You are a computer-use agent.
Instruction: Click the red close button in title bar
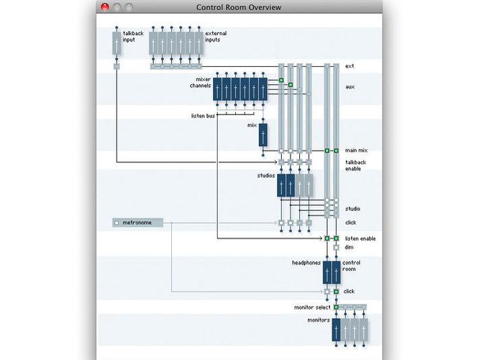[105, 7]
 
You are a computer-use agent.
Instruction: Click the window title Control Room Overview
[239, 7]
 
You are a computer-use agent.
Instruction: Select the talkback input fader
[117, 44]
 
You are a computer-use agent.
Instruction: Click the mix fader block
[262, 135]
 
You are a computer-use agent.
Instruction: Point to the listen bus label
[202, 116]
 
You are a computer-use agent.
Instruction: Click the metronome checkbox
[117, 222]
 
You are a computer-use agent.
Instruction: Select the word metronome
[137, 222]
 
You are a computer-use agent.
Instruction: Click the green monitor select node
[336, 307]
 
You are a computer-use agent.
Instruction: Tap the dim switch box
[336, 247]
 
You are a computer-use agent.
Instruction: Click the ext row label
[349, 66]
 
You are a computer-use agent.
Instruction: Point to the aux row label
[349, 87]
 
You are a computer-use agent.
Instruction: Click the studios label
[266, 176]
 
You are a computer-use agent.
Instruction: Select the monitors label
[319, 320]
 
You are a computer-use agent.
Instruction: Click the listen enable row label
[360, 239]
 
